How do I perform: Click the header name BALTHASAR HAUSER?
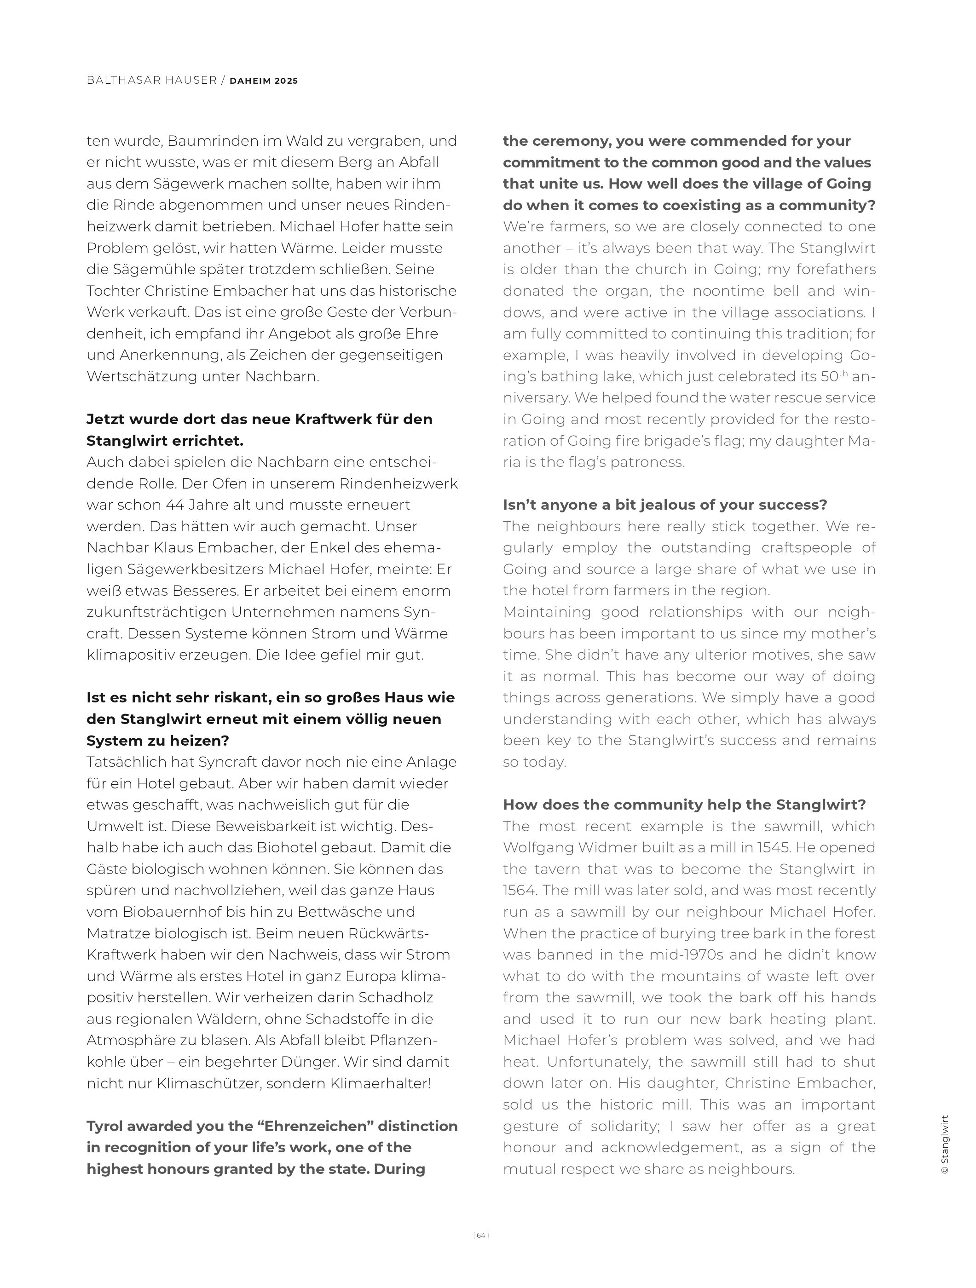click(x=151, y=80)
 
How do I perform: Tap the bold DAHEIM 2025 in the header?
click(x=264, y=81)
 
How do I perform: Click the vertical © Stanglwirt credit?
click(x=945, y=1146)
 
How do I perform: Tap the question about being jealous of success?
click(x=665, y=505)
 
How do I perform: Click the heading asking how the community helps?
click(x=684, y=805)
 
